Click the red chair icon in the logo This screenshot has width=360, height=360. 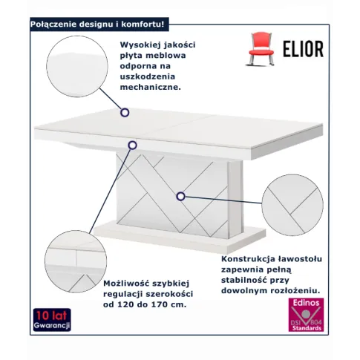click(261, 49)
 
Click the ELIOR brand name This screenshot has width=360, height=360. click(304, 49)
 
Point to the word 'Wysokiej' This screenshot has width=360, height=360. click(137, 45)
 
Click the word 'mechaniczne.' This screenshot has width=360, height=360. click(151, 87)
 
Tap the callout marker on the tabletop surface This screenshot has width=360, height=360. click(125, 113)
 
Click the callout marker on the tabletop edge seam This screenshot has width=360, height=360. click(133, 145)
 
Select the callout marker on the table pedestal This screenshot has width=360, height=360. click(181, 197)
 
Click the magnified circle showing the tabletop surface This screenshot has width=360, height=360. click(77, 66)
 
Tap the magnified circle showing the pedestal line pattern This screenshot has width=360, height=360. click(292, 205)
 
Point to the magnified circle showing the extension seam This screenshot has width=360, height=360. click(76, 261)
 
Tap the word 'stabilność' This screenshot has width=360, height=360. click(244, 280)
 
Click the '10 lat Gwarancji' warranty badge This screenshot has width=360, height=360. click(52, 320)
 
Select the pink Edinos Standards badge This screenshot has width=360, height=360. click(306, 315)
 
